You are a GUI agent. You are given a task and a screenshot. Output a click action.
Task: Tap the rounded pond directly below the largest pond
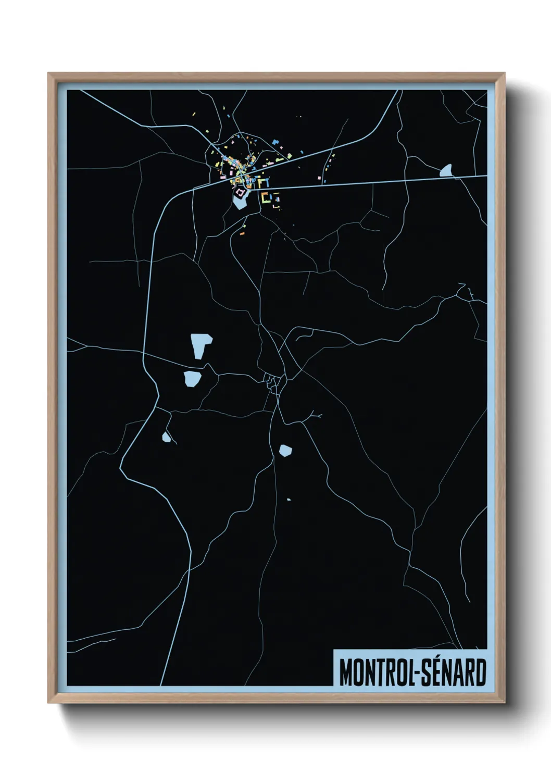pyautogui.click(x=192, y=379)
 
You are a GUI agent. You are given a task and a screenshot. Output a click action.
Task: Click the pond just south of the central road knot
pyautogui.click(x=285, y=450)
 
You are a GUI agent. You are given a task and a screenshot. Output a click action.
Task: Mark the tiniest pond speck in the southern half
pyautogui.click(x=289, y=500)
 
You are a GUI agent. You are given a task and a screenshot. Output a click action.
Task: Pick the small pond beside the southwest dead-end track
pyautogui.click(x=166, y=437)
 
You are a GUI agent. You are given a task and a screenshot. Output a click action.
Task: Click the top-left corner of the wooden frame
pyautogui.click(x=48, y=73)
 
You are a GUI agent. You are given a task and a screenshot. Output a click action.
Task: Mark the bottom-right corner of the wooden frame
pyautogui.click(x=505, y=702)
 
